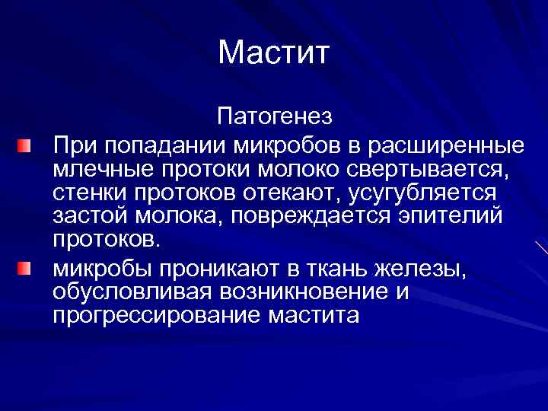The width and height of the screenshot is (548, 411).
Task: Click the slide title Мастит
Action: (x=273, y=53)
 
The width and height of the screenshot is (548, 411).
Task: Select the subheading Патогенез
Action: (x=274, y=118)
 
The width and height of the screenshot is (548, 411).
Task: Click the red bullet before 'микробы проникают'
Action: (x=26, y=269)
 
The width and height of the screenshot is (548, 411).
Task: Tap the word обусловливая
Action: (x=133, y=292)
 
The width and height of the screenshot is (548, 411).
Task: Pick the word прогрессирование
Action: (x=156, y=314)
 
